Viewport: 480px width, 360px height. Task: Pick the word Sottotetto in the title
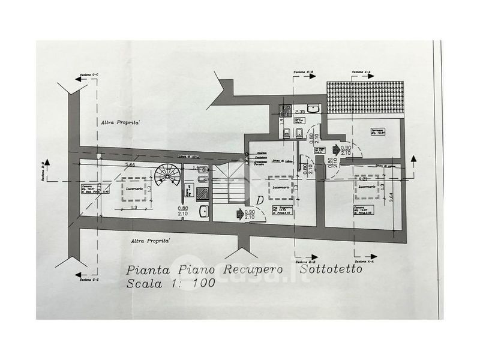335,271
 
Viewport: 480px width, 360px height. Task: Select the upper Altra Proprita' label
120,122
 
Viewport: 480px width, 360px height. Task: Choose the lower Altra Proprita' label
151,241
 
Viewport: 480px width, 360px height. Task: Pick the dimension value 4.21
362,179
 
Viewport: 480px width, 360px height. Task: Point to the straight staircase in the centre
230,183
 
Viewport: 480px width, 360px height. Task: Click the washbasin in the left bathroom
204,211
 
